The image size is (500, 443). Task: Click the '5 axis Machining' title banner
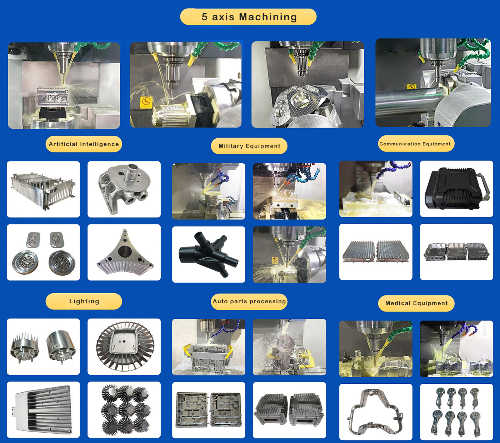pyautogui.click(x=248, y=17)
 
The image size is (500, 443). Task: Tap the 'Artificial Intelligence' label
pyautogui.click(x=84, y=144)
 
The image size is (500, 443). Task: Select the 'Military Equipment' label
pyautogui.click(x=249, y=146)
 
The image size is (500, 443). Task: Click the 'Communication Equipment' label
pyautogui.click(x=416, y=144)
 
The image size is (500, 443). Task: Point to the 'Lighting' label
pyautogui.click(x=84, y=301)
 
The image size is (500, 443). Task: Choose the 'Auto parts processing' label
pyautogui.click(x=249, y=302)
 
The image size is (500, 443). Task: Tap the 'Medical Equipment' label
pyautogui.click(x=416, y=303)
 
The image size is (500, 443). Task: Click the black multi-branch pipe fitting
pyautogui.click(x=209, y=254)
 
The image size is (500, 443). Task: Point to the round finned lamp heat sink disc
pyautogui.click(x=125, y=346)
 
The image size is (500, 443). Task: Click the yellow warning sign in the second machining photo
pyautogui.click(x=146, y=102)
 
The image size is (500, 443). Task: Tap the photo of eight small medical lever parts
pyautogui.click(x=456, y=412)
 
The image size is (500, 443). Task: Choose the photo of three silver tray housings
pyautogui.click(x=456, y=252)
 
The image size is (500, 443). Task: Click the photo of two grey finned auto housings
pyautogui.click(x=290, y=410)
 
